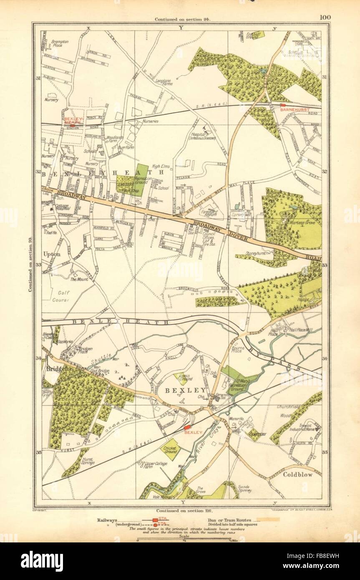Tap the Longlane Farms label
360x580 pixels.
pos(164,82)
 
